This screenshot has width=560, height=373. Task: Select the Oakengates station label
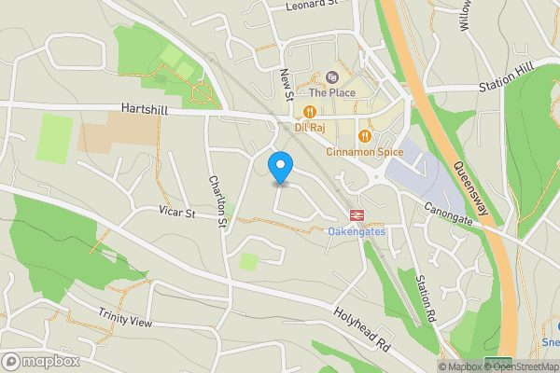tap(356, 230)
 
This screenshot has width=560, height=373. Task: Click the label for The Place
tap(332, 92)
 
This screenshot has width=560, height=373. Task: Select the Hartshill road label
tap(145, 109)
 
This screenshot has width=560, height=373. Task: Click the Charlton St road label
tap(217, 201)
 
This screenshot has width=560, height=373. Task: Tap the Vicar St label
tap(175, 214)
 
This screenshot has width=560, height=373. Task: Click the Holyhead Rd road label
tap(363, 330)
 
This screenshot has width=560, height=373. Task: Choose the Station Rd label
tap(426, 298)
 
